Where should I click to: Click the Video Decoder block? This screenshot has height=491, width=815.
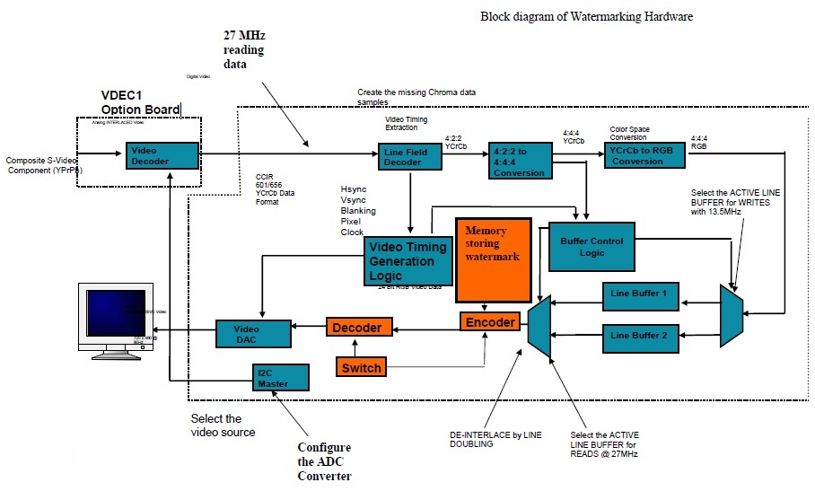(x=161, y=155)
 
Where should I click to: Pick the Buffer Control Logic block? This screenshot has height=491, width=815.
(x=592, y=247)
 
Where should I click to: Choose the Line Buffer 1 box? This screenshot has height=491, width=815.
(x=639, y=294)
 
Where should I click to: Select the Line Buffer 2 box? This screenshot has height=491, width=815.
(x=639, y=336)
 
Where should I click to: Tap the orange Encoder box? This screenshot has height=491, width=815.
(x=490, y=322)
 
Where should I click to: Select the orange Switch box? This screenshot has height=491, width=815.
(x=362, y=366)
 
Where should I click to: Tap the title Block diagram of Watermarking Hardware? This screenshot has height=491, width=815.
(x=586, y=16)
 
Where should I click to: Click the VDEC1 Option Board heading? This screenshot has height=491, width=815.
(x=140, y=102)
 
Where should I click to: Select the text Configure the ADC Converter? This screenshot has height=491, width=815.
(x=324, y=461)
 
